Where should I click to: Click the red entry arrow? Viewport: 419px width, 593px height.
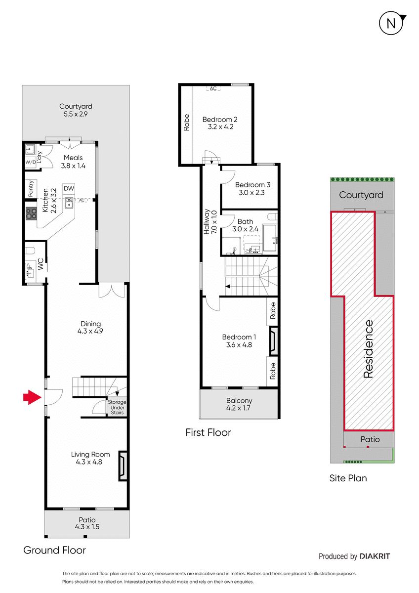(32, 397)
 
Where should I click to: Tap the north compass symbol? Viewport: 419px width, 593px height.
(392, 24)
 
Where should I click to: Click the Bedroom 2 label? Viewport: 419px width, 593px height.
(220, 123)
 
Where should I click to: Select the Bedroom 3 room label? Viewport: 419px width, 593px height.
(252, 189)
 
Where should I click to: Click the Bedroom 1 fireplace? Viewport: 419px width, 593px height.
(273, 341)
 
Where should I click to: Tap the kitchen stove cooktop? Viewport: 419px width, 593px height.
(31, 213)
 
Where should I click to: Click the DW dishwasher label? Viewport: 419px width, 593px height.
(69, 188)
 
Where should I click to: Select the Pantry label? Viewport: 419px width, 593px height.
(31, 188)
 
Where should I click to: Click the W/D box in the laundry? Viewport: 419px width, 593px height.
(31, 162)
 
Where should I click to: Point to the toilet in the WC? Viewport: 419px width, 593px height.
(30, 250)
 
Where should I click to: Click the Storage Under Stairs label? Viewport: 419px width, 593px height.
(117, 407)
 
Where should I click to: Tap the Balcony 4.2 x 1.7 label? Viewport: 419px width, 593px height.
(239, 404)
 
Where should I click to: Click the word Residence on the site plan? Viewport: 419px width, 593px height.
(369, 349)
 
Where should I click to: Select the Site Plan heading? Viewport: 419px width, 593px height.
(348, 478)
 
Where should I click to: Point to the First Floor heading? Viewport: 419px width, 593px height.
(209, 432)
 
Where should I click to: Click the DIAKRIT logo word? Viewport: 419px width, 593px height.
(375, 556)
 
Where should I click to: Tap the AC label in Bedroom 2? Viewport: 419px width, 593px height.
(213, 88)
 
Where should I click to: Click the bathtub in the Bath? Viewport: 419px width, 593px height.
(270, 238)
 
